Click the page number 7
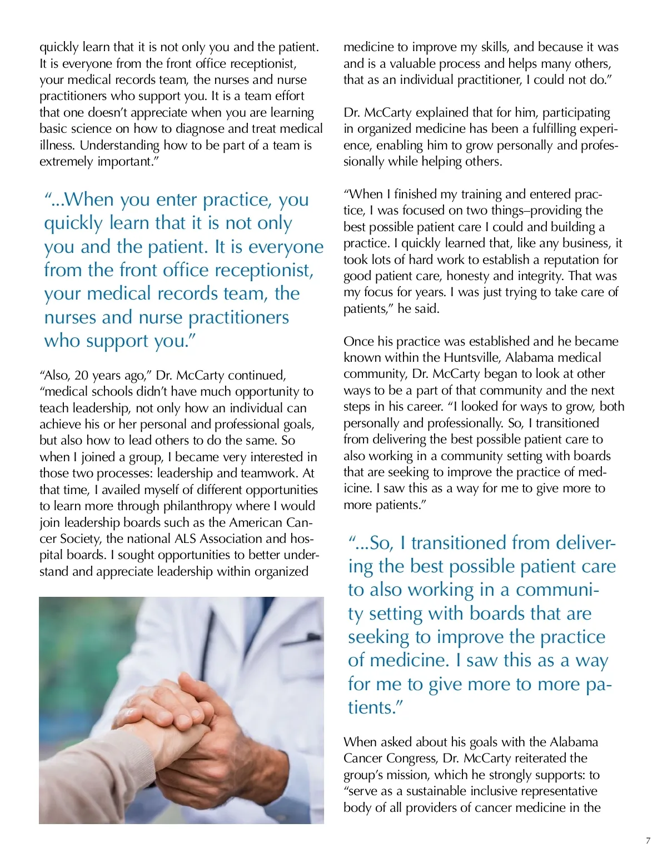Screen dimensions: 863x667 pos(648,841)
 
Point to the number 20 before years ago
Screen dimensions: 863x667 pos(81,375)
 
